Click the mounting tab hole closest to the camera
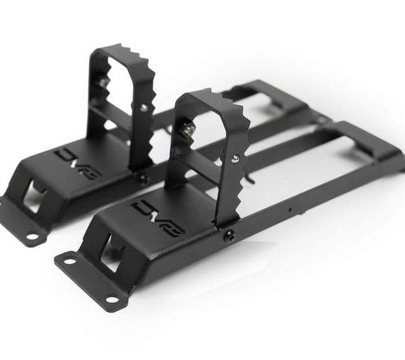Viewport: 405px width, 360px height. coord(69,260)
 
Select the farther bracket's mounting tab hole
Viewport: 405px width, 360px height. coord(31,236)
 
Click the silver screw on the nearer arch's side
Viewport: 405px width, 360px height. coord(234,159)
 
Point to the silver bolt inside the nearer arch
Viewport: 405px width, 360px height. coord(190,129)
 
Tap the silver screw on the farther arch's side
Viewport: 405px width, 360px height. coord(143,107)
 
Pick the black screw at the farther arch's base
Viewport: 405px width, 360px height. coord(142,178)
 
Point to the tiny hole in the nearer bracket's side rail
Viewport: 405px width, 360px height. coord(290,209)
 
